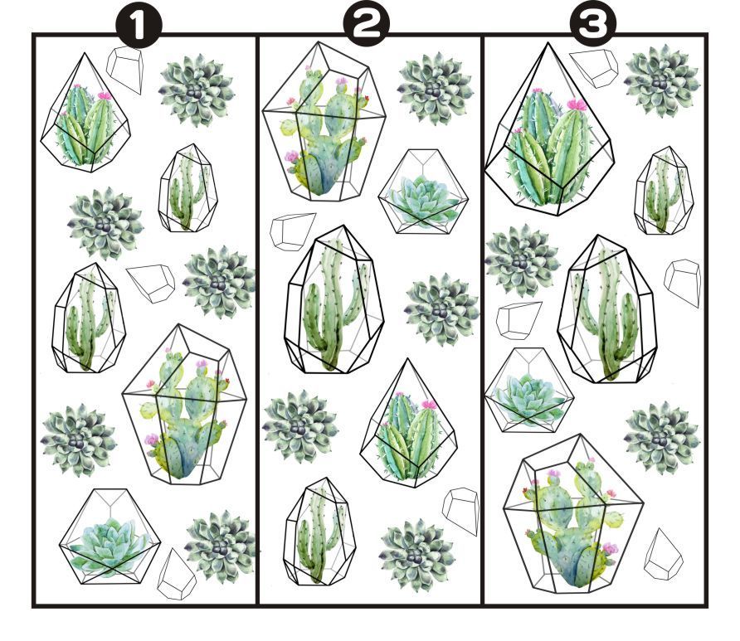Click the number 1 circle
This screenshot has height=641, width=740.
(x=139, y=27)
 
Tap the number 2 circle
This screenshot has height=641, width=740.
(x=367, y=25)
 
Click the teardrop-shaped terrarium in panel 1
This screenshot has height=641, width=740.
(x=85, y=114)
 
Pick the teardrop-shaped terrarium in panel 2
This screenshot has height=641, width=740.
(x=408, y=424)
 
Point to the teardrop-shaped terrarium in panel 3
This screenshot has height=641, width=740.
(x=550, y=129)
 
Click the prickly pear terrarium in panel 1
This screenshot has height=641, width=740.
(x=184, y=405)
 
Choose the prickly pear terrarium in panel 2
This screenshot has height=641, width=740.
(x=324, y=122)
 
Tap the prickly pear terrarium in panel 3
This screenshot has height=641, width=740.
(x=573, y=514)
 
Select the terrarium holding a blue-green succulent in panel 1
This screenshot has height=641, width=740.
(x=110, y=537)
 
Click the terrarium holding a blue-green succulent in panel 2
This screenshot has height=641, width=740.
(x=423, y=192)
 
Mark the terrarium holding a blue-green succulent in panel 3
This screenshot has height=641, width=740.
(x=529, y=391)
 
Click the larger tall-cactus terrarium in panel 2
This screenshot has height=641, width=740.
(x=334, y=299)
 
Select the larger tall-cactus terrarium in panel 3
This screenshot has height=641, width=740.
(x=608, y=308)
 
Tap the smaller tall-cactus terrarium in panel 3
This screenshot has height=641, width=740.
(x=664, y=191)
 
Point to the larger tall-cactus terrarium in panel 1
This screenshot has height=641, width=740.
(x=89, y=318)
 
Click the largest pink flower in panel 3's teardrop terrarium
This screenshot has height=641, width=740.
(x=577, y=104)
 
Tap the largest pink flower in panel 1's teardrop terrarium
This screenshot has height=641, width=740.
(x=105, y=95)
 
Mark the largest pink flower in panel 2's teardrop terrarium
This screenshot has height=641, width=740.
(x=429, y=404)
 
